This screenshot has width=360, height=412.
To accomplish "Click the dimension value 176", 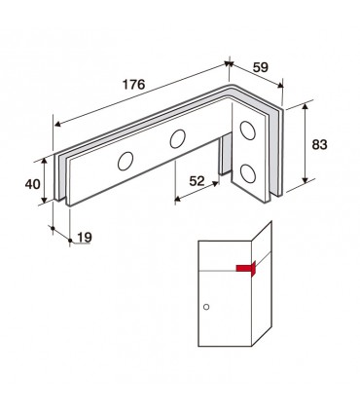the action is click(133, 85).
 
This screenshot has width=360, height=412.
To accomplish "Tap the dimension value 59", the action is click(261, 67).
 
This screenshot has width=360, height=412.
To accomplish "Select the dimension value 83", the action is click(319, 145).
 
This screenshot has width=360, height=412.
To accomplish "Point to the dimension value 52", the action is click(198, 181).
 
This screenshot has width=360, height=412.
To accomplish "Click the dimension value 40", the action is click(33, 184).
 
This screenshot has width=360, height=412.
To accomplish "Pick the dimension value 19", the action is click(85, 238).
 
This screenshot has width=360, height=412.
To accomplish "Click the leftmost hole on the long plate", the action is click(126, 161).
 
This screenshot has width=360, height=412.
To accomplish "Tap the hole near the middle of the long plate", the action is click(178, 139).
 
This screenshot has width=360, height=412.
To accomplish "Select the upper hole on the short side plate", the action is click(247, 131).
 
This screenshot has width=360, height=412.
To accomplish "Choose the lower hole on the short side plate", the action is click(248, 173).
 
